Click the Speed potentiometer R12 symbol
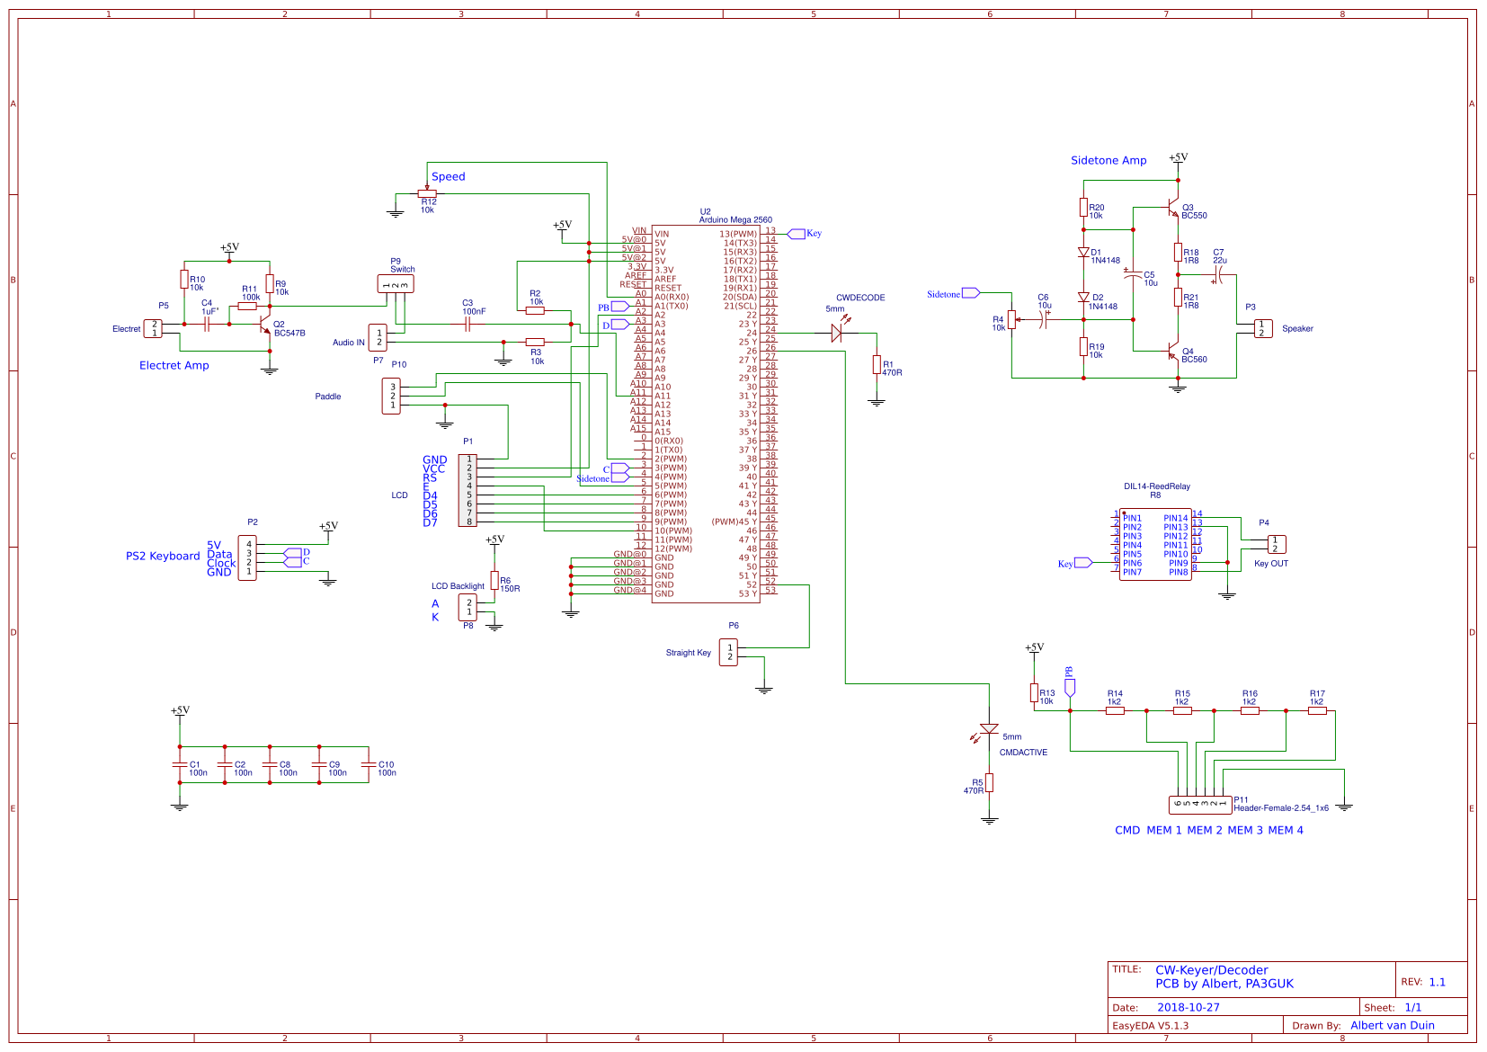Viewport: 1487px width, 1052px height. pyautogui.click(x=427, y=193)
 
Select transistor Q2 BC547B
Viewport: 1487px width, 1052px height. pyautogui.click(x=264, y=325)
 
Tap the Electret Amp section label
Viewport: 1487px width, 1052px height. pyautogui.click(x=174, y=366)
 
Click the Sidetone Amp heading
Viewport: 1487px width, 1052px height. pyautogui.click(x=1108, y=161)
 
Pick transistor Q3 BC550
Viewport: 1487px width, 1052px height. pyautogui.click(x=1172, y=209)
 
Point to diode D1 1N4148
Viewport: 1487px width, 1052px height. pyautogui.click(x=1083, y=253)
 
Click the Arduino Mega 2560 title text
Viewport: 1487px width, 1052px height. pyautogui.click(x=735, y=220)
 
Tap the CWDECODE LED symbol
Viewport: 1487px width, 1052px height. pyautogui.click(x=836, y=333)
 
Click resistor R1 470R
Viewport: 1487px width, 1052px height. pyautogui.click(x=877, y=364)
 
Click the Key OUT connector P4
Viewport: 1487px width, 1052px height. pyautogui.click(x=1276, y=544)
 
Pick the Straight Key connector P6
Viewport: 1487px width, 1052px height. pyautogui.click(x=728, y=652)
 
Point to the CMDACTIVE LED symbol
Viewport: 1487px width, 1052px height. pyautogui.click(x=989, y=729)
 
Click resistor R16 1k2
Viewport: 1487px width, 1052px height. pyautogui.click(x=1250, y=710)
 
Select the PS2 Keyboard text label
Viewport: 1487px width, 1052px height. pyautogui.click(x=163, y=557)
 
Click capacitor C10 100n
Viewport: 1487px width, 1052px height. pyautogui.click(x=368, y=764)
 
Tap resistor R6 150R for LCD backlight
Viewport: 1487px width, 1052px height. pyautogui.click(x=494, y=580)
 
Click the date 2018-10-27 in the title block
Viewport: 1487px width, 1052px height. pyautogui.click(x=1188, y=1008)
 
